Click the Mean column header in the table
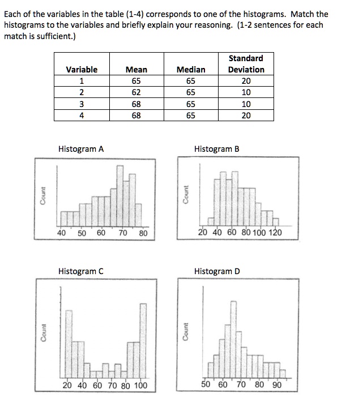click(136, 70)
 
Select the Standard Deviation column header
click(246, 64)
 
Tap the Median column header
click(191, 70)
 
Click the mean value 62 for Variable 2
click(136, 92)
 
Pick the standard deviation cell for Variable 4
click(246, 116)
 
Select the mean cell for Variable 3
click(136, 104)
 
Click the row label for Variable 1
click(82, 81)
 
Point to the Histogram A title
click(81, 150)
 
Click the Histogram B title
click(217, 150)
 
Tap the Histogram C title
click(81, 271)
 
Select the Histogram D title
click(217, 271)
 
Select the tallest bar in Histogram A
click(119, 195)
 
